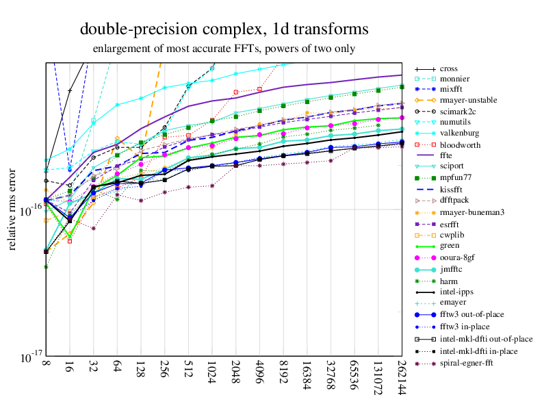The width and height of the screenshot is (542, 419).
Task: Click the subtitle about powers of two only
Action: pos(224,49)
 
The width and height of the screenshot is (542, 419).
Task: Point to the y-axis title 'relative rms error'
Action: pos(12,209)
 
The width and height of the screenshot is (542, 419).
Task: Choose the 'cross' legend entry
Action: pos(449,69)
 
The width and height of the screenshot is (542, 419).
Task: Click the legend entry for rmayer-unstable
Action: pos(468,100)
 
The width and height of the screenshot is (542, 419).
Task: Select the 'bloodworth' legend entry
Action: pos(460,145)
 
